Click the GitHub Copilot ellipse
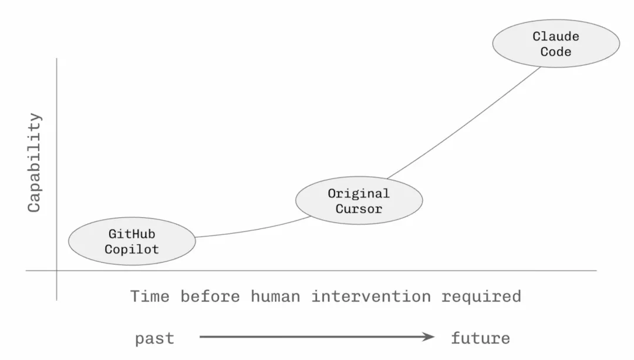click(132, 241)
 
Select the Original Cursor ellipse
click(359, 200)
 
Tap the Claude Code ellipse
click(556, 43)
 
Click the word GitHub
click(132, 234)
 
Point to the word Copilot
click(132, 249)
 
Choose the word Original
click(359, 193)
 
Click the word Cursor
click(359, 208)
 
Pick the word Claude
click(556, 36)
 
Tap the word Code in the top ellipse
click(556, 52)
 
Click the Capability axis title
click(35, 163)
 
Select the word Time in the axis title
click(150, 297)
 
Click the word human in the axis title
click(275, 297)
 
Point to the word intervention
click(371, 297)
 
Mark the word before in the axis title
click(210, 297)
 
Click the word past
click(155, 339)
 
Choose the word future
click(481, 338)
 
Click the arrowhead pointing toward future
click(429, 337)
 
